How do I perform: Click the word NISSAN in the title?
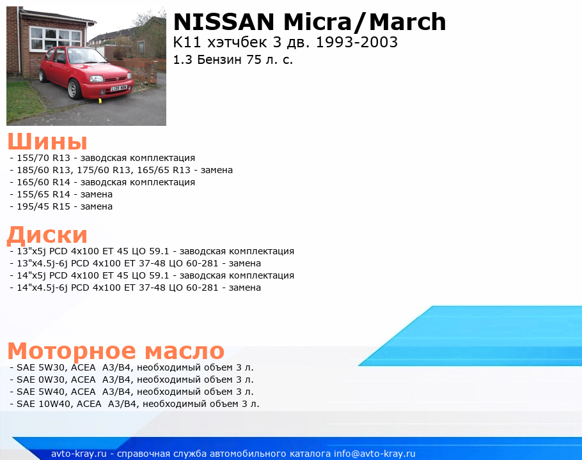224,22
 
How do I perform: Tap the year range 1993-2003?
357,42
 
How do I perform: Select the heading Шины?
47,141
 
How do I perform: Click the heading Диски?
47,235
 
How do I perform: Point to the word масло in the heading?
184,351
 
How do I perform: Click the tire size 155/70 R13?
43,158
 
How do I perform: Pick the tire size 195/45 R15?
43,206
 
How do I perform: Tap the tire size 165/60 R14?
43,182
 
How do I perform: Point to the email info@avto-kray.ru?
375,454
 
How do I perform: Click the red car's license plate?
119,88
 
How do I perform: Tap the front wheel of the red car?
74,89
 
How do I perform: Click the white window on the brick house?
56,38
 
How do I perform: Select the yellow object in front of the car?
100,100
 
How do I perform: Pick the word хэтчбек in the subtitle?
237,42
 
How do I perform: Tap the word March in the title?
407,22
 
